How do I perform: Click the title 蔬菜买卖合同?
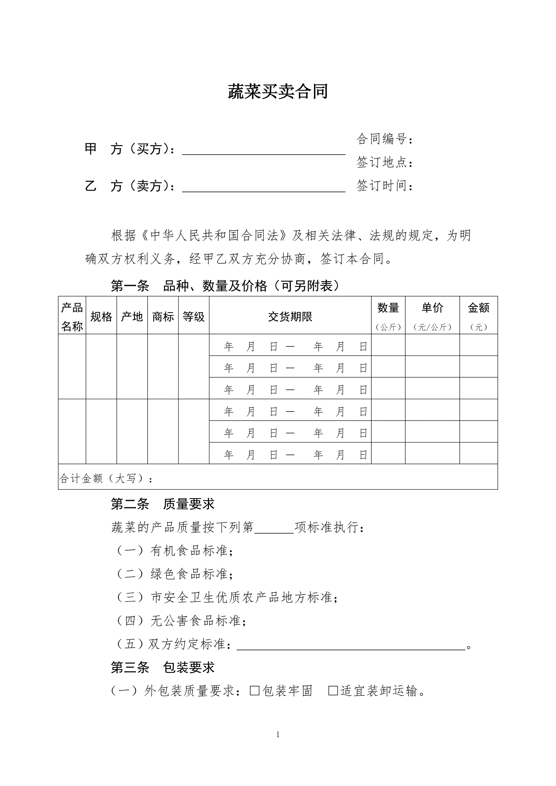pyautogui.click(x=278, y=92)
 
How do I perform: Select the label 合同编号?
pyautogui.click(x=384, y=139)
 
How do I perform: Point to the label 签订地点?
pyautogui.click(x=384, y=162)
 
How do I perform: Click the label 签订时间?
pyautogui.click(x=384, y=186)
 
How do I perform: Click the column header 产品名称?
pyautogui.click(x=72, y=317)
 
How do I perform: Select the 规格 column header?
pyautogui.click(x=101, y=317)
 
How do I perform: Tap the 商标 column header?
pyautogui.click(x=163, y=317)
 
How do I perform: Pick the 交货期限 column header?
pyautogui.click(x=290, y=317)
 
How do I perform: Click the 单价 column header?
pyautogui.click(x=432, y=308)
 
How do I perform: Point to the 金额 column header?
pyautogui.click(x=478, y=308)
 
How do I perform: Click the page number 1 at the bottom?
pyautogui.click(x=278, y=734)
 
